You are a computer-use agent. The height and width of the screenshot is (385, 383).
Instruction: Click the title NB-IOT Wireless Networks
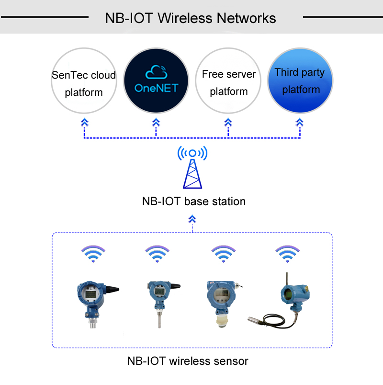191,18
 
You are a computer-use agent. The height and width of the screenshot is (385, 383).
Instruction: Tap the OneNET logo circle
156,81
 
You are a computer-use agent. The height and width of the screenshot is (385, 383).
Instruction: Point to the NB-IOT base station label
193,201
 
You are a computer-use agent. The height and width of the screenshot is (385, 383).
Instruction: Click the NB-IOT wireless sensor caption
188,361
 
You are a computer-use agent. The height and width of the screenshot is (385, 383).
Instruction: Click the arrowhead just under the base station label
192,219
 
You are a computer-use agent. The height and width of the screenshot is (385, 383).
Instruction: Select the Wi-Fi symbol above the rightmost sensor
287,254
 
